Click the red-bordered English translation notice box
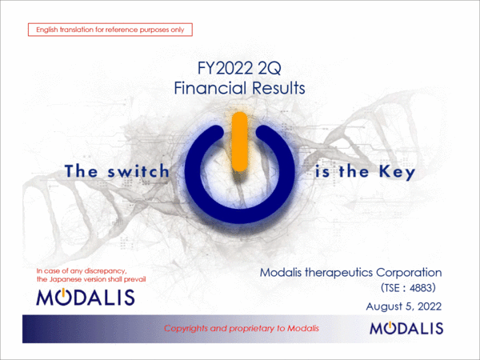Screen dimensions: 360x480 pos(110,30)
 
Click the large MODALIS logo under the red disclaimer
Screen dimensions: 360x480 pos(86,298)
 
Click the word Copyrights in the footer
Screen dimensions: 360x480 pos(189,329)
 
